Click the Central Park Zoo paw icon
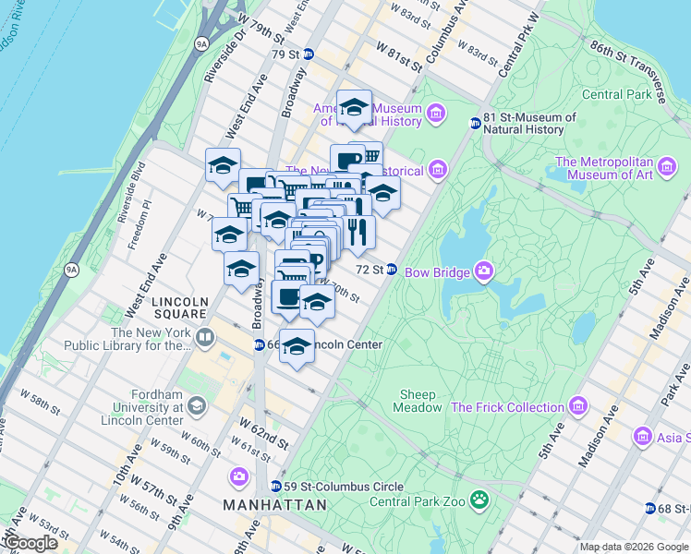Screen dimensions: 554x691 (479, 501)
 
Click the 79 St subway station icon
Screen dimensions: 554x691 (309, 54)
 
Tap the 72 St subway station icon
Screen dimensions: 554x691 (392, 270)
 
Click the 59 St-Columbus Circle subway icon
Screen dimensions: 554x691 (275, 486)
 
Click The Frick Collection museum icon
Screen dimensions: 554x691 (578, 406)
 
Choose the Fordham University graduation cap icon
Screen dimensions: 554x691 (196, 406)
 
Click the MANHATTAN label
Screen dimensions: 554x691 (274, 505)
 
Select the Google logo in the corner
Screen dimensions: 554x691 (30, 543)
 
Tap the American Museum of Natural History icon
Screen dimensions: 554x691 (436, 114)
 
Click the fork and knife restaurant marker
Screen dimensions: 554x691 (358, 232)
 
